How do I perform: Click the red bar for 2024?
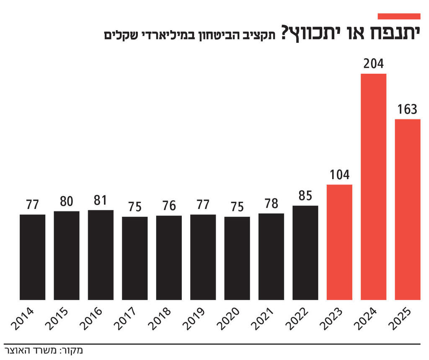click(373, 187)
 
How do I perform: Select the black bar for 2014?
click(32, 257)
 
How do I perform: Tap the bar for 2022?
click(305, 253)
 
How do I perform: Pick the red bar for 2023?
click(339, 242)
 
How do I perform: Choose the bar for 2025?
click(407, 209)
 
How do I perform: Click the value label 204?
click(373, 64)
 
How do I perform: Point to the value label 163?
click(407, 110)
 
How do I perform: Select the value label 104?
click(339, 175)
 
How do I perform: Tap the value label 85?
click(305, 196)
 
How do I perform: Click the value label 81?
click(101, 201)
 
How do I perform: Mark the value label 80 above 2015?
click(66, 202)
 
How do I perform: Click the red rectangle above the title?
click(399, 16)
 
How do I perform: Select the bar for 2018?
click(169, 257)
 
